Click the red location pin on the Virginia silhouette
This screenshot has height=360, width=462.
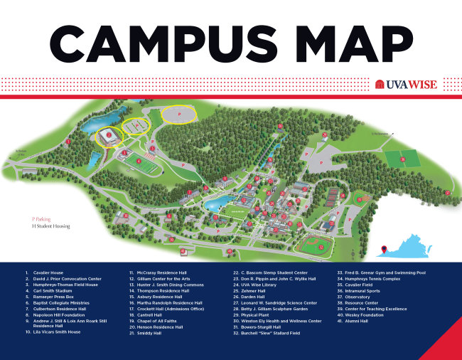coord(385,248)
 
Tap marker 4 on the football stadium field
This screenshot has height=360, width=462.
coord(139,161)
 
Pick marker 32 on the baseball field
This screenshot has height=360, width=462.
coord(321,247)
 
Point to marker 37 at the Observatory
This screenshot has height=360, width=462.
coord(448,192)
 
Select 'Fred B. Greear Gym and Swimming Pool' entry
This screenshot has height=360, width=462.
coord(386,272)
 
